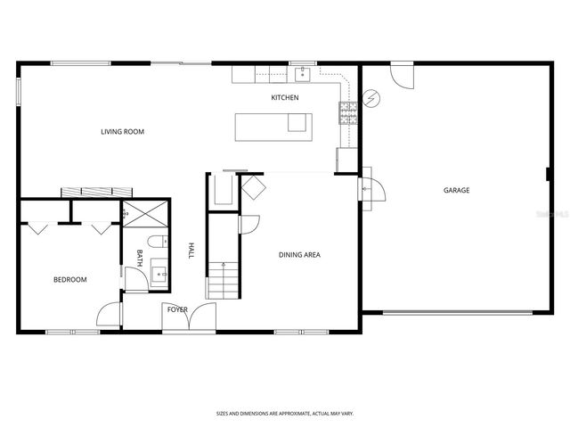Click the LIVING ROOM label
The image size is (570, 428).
tap(122, 132)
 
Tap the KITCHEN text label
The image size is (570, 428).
tap(285, 97)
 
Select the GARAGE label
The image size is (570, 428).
tap(457, 190)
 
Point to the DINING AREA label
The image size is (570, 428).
tap(299, 255)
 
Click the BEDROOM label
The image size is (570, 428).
tap(69, 280)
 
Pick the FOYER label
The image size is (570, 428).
tap(175, 309)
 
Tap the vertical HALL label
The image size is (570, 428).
tap(190, 251)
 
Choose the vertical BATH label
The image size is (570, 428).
tap(139, 257)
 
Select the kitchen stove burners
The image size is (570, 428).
tap(346, 111)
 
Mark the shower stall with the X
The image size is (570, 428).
tap(139, 215)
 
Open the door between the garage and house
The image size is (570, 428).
tap(368, 189)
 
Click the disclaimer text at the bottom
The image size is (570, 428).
tap(284, 413)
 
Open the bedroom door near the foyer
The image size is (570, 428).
tap(109, 315)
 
